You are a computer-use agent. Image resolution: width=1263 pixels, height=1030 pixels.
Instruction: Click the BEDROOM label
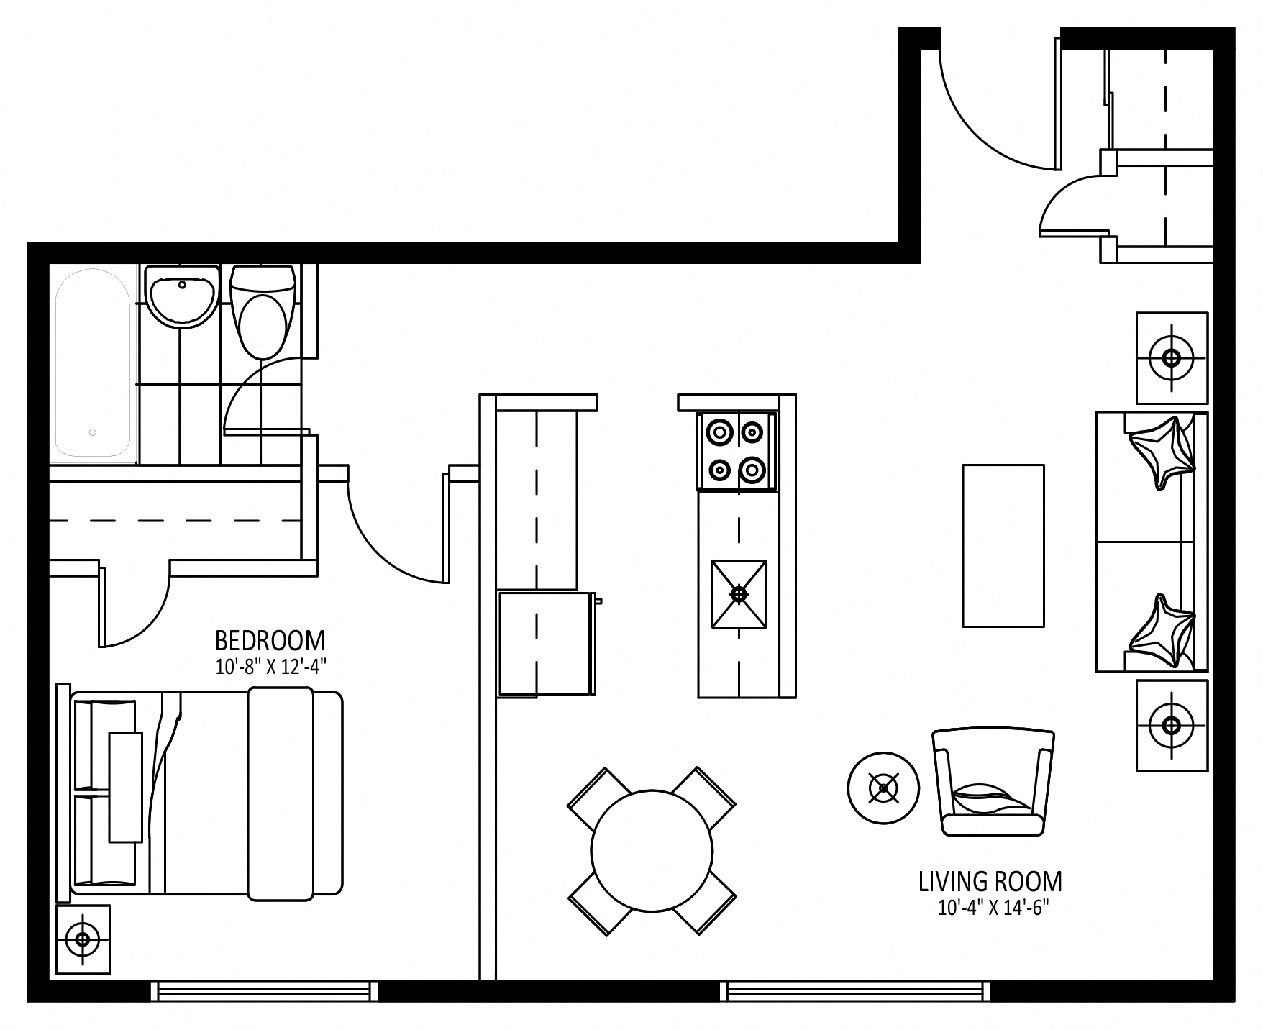coord(270,640)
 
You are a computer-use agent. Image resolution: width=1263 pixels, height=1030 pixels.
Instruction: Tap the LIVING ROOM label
coord(990,881)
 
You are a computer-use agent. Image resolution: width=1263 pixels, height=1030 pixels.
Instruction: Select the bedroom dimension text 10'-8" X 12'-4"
coord(271,667)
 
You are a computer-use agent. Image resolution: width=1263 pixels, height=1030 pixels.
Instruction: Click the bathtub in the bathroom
coord(93,363)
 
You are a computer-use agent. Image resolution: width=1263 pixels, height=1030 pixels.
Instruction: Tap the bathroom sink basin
coord(181,296)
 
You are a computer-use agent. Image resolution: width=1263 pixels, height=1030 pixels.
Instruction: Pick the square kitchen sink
coord(739,594)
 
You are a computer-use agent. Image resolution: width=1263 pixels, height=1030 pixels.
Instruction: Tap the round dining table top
coord(652,851)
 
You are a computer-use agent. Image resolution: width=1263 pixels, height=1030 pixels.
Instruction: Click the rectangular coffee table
coord(1003,545)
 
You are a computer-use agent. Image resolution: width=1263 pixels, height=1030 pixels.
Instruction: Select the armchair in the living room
coord(993,783)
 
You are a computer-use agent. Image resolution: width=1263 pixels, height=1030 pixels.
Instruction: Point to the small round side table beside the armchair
coord(883,788)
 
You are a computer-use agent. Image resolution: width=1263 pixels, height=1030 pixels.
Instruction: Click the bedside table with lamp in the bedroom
coord(83,939)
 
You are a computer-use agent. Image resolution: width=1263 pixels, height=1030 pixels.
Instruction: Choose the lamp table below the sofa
coord(1172,725)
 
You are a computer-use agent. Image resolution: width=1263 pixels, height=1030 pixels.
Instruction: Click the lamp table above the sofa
coord(1172,357)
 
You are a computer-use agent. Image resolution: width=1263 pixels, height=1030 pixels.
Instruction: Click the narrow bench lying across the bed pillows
coord(125,787)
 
